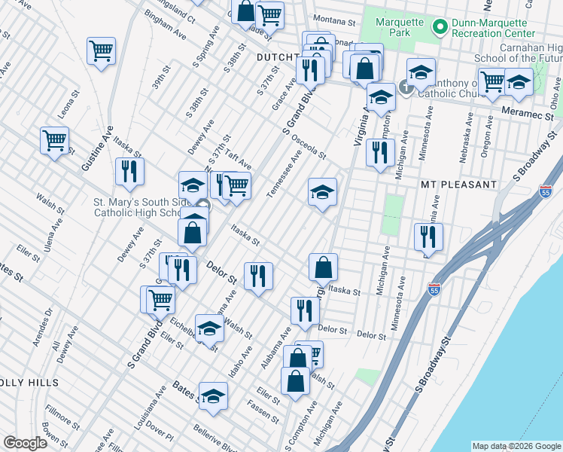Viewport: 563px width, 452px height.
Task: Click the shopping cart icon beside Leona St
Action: click(x=101, y=51)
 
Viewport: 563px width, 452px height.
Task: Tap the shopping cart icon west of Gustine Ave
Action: click(x=54, y=140)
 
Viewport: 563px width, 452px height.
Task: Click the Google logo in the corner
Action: click(x=25, y=443)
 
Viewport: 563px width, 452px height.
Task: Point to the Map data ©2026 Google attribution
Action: click(x=516, y=446)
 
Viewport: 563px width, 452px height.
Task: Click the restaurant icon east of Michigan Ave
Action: click(x=428, y=236)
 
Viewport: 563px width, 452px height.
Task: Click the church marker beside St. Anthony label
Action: click(x=406, y=87)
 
